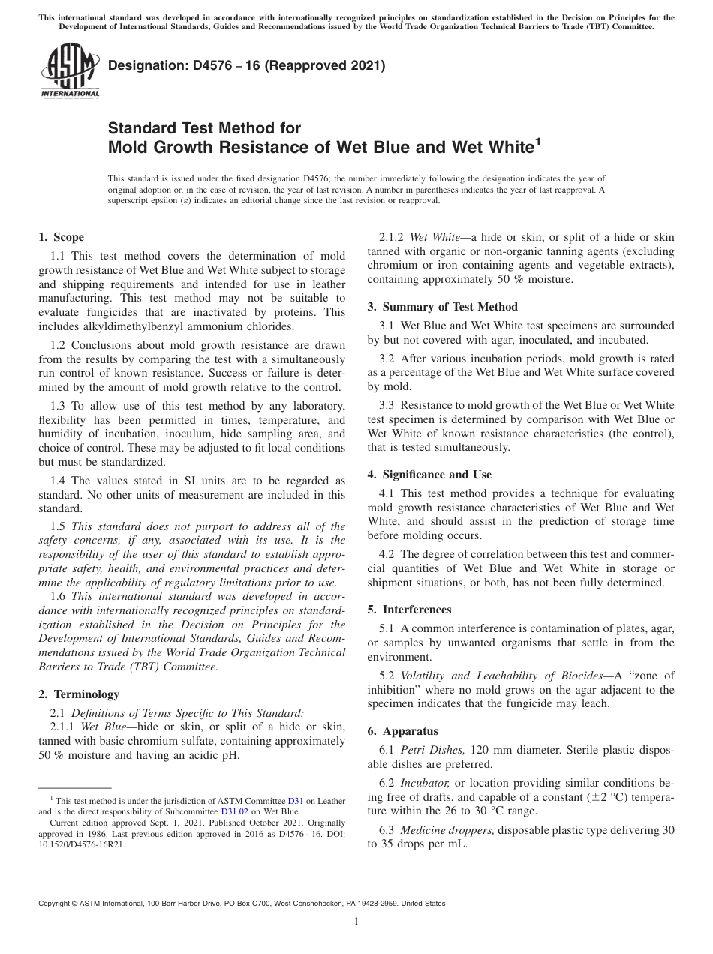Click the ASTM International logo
(69, 71)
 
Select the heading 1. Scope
(62, 237)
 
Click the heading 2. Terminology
(79, 694)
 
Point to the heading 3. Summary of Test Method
(442, 307)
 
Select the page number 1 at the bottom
(356, 922)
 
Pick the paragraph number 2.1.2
(393, 237)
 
